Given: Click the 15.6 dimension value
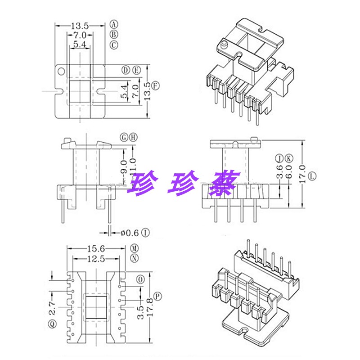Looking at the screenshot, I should coord(95,248).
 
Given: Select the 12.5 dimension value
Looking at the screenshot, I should coord(95,258).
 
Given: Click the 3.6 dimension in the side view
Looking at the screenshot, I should coord(279,173).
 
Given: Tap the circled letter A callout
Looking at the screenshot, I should coord(114,24).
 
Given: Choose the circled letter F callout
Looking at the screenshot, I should coord(156,85).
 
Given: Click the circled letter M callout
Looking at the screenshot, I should coord(134,248).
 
